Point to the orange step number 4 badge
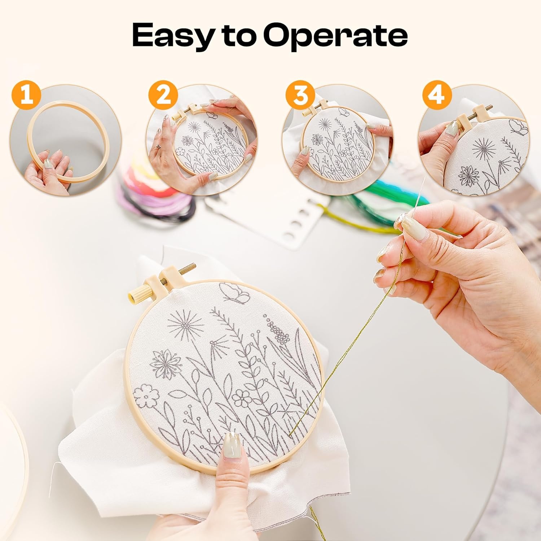437,96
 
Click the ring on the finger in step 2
158,146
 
